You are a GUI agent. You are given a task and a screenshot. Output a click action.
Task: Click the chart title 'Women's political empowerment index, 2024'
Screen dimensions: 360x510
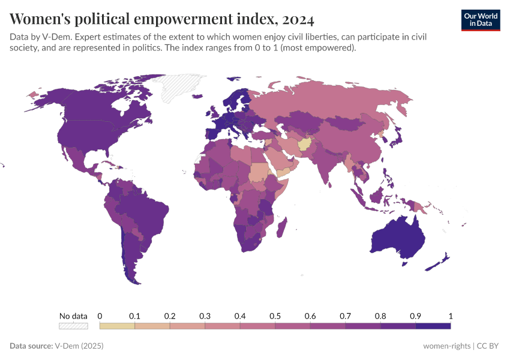coord(162,19)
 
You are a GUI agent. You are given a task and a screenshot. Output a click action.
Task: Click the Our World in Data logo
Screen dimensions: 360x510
coord(480,20)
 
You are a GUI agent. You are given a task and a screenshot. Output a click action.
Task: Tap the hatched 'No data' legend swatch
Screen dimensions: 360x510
coord(73,326)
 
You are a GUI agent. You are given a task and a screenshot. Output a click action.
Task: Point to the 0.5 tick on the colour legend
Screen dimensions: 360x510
coord(275,316)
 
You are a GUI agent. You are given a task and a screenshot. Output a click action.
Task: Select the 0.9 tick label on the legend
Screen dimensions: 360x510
coord(415,316)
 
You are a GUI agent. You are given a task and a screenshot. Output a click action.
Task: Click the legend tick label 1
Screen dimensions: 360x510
coord(450,316)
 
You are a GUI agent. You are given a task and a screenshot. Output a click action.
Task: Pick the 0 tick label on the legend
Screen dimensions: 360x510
coord(100,316)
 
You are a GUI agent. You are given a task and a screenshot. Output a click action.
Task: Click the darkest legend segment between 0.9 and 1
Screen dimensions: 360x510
coord(433,326)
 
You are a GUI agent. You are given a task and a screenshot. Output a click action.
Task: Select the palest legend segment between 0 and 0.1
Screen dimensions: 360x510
coord(117,326)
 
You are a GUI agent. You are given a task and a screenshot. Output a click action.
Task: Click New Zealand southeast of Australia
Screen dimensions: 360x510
coord(441,259)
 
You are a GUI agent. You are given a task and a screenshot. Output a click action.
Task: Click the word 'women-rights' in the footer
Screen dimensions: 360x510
coord(446,346)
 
